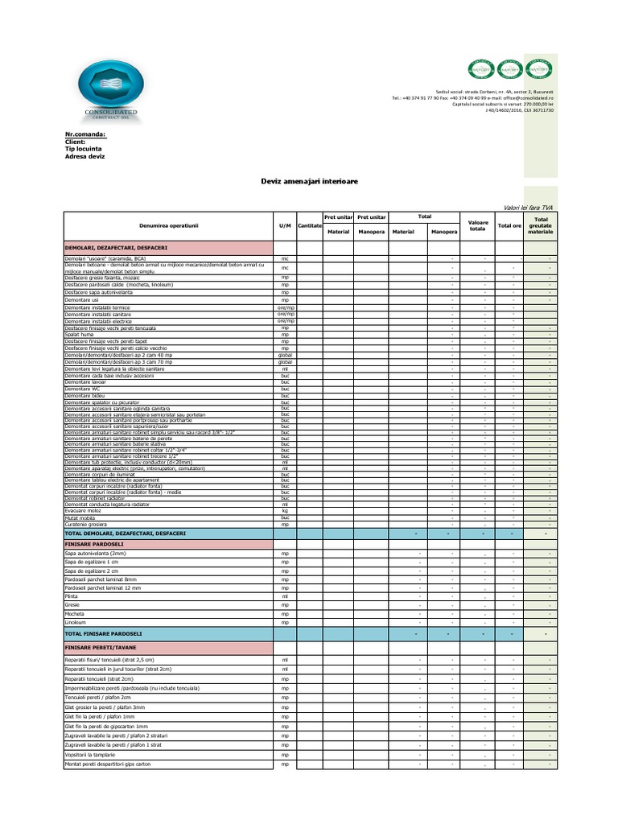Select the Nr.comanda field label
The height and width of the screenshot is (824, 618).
[84, 134]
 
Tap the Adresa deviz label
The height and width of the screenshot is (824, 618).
[84, 156]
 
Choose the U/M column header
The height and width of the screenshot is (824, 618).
[285, 226]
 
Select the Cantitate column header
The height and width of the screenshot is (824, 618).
[309, 226]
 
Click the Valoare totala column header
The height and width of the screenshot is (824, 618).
[478, 225]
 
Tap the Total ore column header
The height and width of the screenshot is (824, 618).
[509, 226]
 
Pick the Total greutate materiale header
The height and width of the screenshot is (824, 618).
[541, 225]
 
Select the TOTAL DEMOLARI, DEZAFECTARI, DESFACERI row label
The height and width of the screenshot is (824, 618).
[126, 534]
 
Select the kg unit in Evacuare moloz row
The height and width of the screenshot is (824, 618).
[285, 511]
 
